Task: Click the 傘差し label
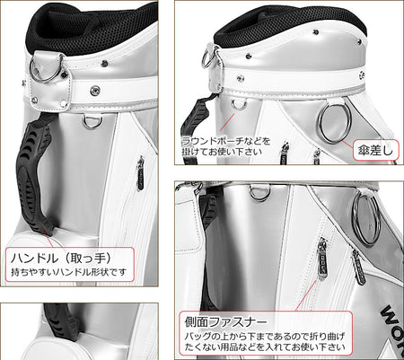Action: click(x=375, y=150)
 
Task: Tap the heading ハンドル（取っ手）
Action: click(x=61, y=258)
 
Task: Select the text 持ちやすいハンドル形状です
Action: click(x=69, y=272)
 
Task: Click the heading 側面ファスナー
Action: click(x=225, y=322)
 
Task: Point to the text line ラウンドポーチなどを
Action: click(x=226, y=141)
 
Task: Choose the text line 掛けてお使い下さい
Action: click(x=222, y=152)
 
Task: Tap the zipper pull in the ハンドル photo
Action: click(x=140, y=173)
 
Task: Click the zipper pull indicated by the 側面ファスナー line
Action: click(x=322, y=259)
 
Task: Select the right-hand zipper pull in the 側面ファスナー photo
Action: click(x=359, y=267)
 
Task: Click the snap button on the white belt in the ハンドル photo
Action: click(x=95, y=91)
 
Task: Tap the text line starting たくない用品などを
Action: click(x=265, y=347)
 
